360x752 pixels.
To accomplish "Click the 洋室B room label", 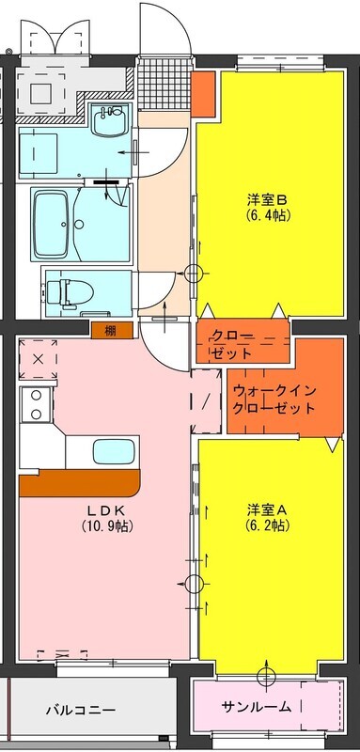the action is coord(270,198).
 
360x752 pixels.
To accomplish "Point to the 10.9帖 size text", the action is coord(107,526).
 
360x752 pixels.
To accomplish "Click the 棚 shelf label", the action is coord(111,331).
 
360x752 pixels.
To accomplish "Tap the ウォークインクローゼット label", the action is coord(274,399).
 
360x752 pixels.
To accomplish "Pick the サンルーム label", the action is coord(256,706).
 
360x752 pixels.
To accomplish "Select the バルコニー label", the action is coord(81,710).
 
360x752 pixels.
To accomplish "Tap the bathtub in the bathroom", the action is coord(51,224).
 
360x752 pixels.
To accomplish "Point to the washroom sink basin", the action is coord(111,120).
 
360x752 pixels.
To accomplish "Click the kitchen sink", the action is coord(113,451).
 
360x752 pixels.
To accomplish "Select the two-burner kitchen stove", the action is coord(36,404).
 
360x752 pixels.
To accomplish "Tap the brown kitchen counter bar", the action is coord(80,483).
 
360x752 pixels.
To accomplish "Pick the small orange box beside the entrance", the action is coord(204,94).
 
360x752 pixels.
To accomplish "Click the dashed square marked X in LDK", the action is coord(39,359).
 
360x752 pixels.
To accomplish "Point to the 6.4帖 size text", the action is coord(270,215).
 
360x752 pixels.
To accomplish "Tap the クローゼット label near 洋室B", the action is coord(232,344).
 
